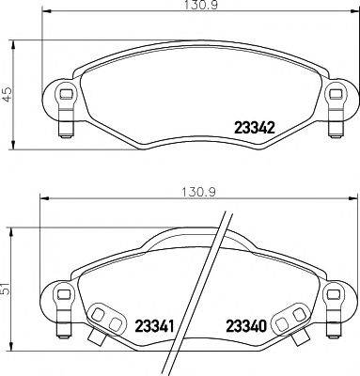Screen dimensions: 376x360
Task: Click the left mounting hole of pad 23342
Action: click(x=65, y=94)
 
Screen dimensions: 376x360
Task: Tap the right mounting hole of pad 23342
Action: click(x=334, y=94)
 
